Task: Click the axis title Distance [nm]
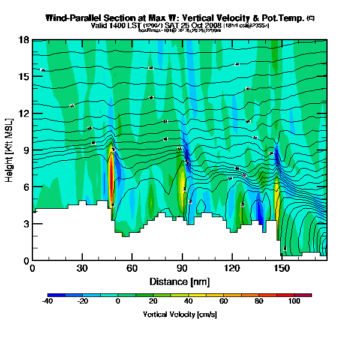[179, 281]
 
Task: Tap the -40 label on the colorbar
[48, 302]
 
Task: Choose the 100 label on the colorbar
[295, 302]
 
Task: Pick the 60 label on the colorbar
[224, 302]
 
